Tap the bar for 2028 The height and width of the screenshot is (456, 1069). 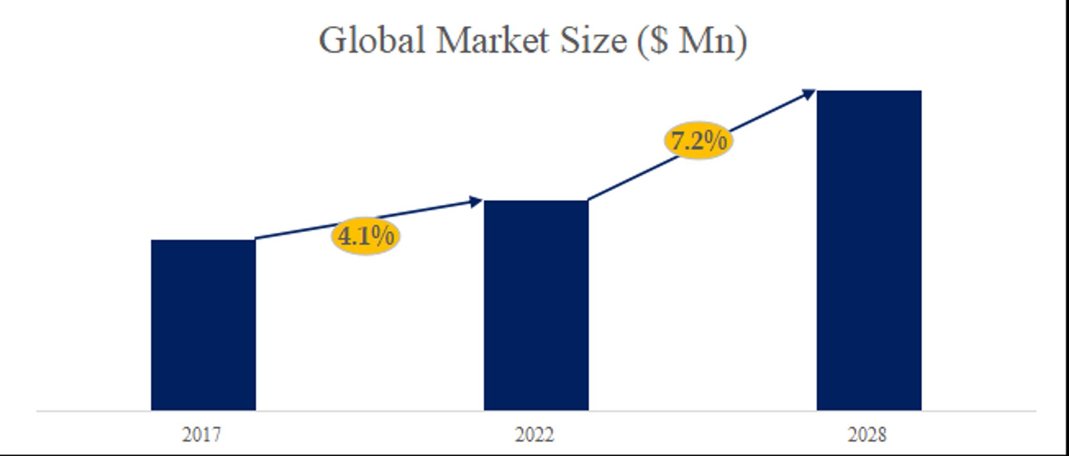(869, 250)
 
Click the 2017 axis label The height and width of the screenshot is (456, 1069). (202, 435)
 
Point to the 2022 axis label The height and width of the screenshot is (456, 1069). (534, 435)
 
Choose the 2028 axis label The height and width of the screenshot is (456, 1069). (867, 435)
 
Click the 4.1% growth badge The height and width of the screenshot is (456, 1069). (366, 236)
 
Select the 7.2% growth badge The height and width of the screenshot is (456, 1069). (698, 141)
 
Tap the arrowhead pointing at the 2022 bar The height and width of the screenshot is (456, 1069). (475, 201)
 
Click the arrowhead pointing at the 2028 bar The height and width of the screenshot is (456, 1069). (808, 94)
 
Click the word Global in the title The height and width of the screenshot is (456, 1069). (372, 40)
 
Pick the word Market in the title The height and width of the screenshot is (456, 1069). (492, 40)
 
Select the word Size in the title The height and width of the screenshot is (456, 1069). (593, 40)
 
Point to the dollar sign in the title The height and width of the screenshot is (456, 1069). (659, 40)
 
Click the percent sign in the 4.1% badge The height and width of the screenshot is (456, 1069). (383, 236)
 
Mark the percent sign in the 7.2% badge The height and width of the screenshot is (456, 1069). (716, 141)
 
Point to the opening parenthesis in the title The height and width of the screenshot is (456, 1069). (642, 41)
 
